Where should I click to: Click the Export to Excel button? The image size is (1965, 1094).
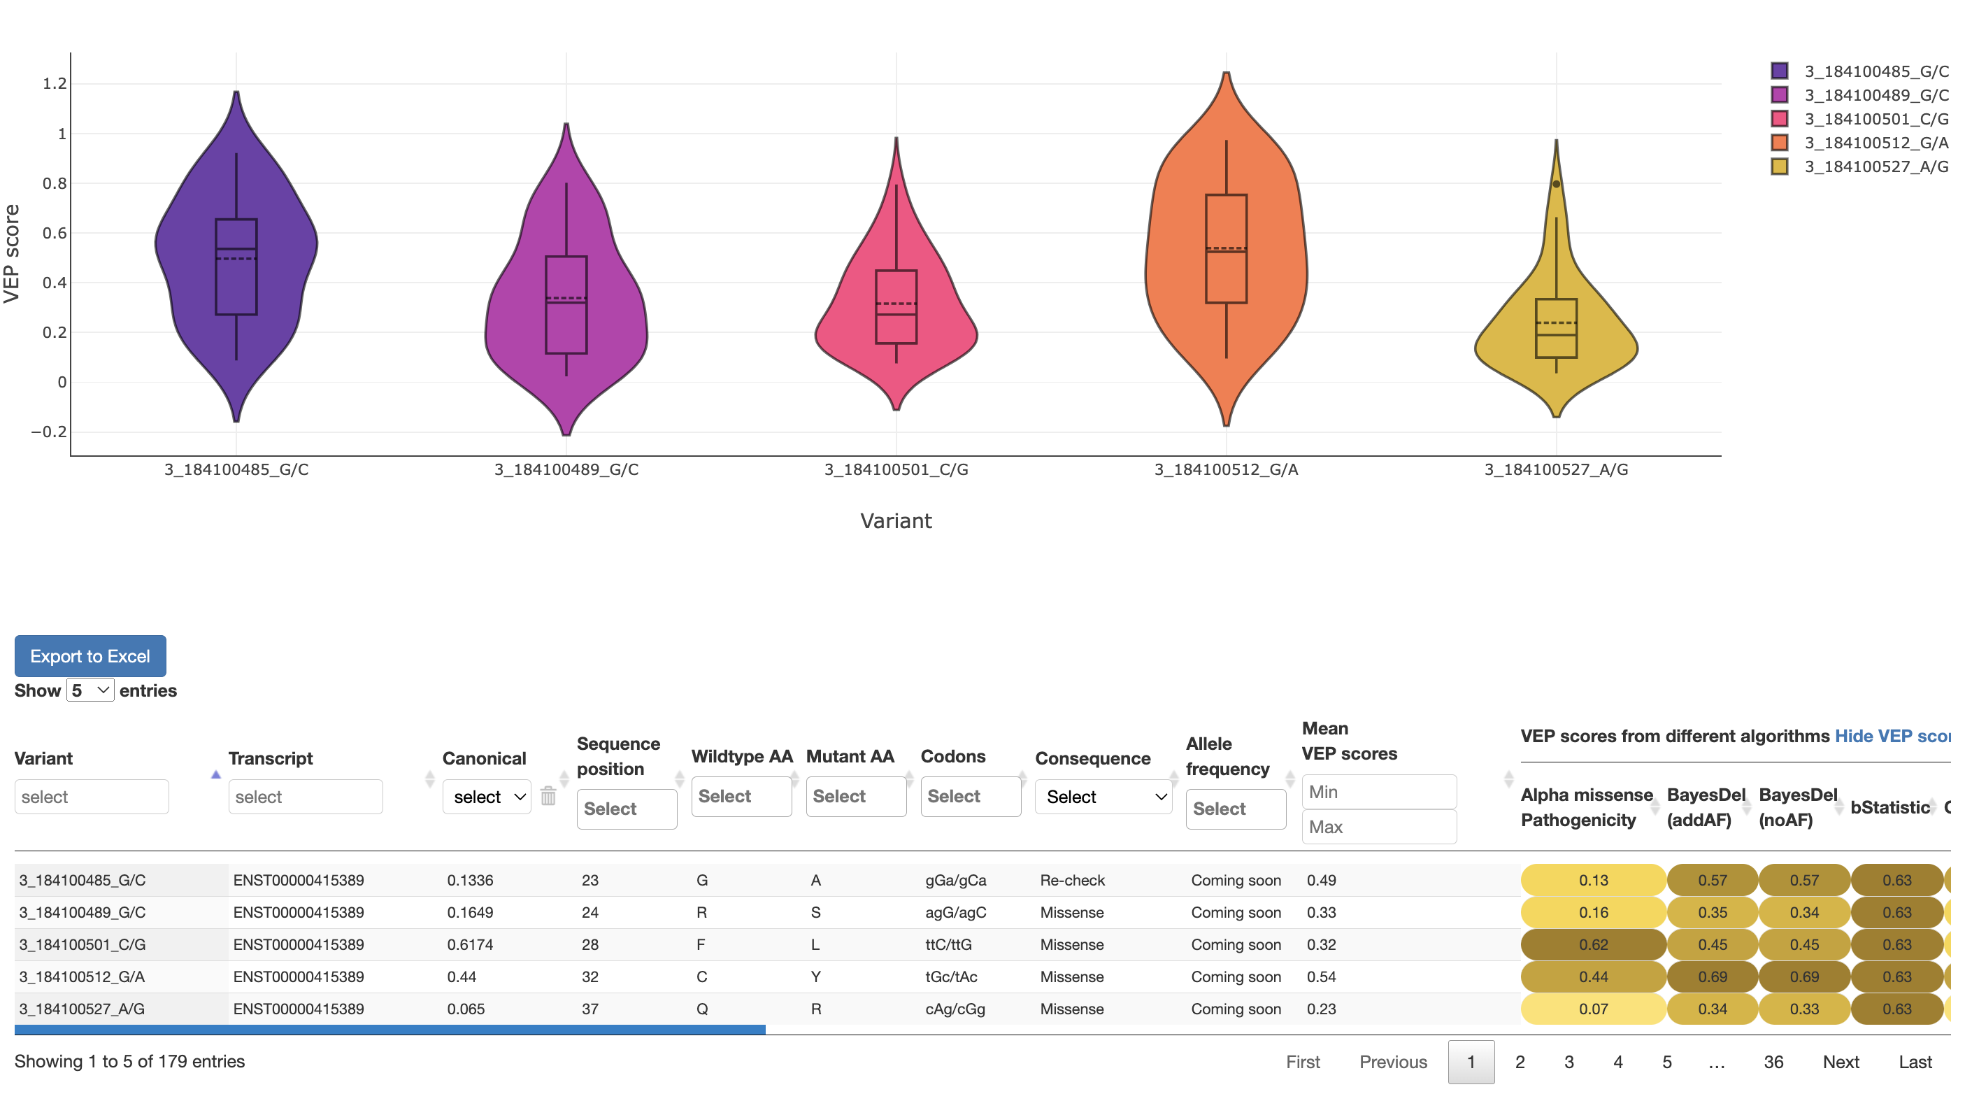(90, 656)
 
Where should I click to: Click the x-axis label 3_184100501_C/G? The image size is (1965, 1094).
(896, 469)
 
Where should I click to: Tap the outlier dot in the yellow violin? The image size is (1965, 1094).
(1556, 184)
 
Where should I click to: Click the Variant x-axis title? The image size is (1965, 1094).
(896, 521)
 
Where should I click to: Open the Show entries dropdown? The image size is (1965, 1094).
(90, 690)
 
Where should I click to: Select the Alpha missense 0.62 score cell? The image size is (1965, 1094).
(1593, 944)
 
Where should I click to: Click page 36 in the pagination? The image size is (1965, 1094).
(1773, 1062)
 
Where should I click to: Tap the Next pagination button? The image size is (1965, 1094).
(1840, 1062)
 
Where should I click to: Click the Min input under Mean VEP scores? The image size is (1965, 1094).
(1378, 792)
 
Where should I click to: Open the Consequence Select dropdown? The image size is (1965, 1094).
(1103, 797)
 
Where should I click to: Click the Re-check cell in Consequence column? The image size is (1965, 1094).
(1072, 881)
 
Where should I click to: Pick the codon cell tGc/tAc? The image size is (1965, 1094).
(950, 976)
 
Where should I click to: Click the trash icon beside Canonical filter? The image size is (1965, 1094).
(548, 797)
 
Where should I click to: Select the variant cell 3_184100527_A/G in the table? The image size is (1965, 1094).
(82, 1009)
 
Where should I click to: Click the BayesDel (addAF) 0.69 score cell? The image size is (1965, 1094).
(1712, 976)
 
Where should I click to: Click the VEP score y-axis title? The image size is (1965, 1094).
(12, 253)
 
